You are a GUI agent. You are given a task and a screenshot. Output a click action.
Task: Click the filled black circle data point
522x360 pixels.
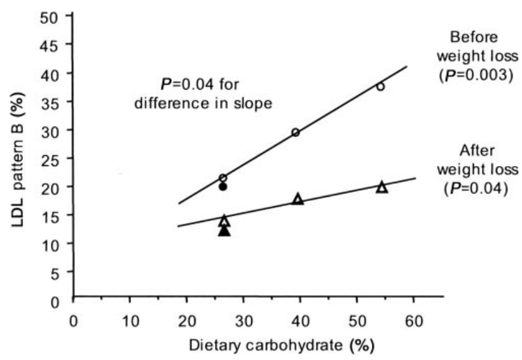click(x=223, y=187)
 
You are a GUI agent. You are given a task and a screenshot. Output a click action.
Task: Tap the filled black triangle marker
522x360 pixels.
click(x=224, y=231)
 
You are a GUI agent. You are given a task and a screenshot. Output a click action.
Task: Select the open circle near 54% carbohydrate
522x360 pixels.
click(x=380, y=87)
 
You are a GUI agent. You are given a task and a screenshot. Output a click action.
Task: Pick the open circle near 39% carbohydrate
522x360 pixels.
click(x=296, y=132)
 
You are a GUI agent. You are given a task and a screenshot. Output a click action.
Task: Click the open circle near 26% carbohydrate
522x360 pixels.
click(x=223, y=178)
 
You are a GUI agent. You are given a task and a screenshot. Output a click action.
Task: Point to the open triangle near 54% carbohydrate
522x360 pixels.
click(x=381, y=187)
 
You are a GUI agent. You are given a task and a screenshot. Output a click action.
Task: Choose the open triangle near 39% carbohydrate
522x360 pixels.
click(x=298, y=199)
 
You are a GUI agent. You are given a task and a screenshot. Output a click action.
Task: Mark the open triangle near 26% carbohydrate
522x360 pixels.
click(x=224, y=221)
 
